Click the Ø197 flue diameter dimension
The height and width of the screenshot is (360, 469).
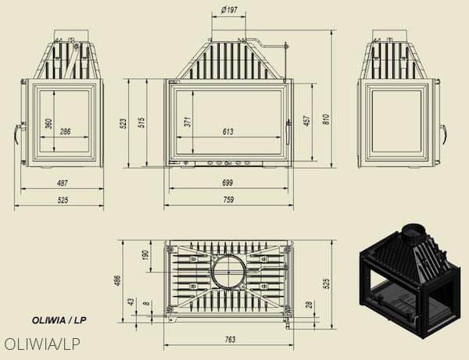point(229,10)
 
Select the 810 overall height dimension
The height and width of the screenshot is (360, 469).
point(326,119)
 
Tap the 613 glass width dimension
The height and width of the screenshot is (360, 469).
point(228,131)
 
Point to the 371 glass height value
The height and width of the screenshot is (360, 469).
point(188,122)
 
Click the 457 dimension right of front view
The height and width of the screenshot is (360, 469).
point(307,120)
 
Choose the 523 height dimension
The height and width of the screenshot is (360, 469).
point(123,123)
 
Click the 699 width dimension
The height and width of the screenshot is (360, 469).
point(227,183)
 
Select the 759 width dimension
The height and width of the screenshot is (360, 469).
point(228,199)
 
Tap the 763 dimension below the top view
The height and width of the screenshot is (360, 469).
point(229,340)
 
